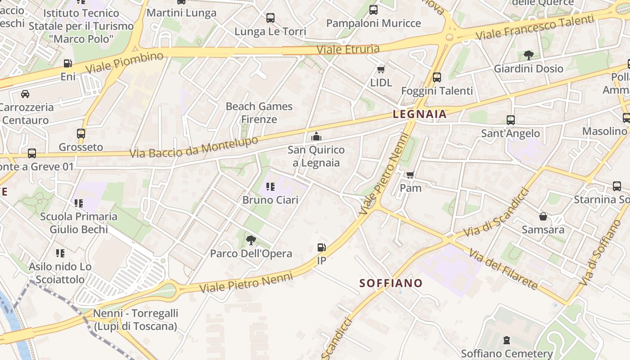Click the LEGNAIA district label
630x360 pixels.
click(420, 114)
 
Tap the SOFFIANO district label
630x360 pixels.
click(391, 283)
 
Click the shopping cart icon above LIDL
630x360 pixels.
click(381, 69)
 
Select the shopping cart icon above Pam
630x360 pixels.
click(410, 174)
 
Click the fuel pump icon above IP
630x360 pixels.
click(321, 247)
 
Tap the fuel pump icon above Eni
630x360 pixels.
click(68, 63)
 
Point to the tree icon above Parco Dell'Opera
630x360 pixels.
click(251, 240)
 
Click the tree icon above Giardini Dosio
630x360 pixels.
click(528, 55)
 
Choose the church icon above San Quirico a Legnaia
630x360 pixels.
click(316, 136)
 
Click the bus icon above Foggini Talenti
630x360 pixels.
click(437, 77)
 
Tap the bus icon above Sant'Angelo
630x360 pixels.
click(510, 120)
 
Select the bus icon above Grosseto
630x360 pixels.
click(81, 134)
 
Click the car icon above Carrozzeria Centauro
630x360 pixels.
click(25, 94)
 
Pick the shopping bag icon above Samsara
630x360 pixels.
click(543, 216)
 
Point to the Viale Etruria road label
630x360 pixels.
click(348, 49)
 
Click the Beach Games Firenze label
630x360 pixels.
click(259, 113)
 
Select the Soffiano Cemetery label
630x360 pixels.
click(507, 354)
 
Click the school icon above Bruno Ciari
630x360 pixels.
click(270, 186)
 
